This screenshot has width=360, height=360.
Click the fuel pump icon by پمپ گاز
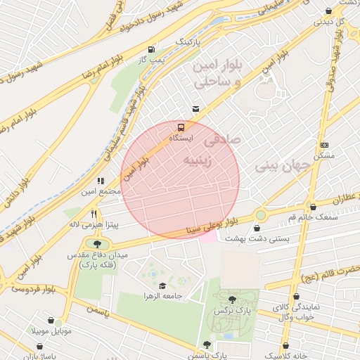152,49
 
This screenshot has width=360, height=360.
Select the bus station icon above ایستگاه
181,128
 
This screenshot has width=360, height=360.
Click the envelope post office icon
195,108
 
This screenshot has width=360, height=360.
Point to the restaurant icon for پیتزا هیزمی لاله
94,214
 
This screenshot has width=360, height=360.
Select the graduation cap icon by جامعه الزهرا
163,285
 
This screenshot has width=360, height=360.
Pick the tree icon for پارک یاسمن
207,345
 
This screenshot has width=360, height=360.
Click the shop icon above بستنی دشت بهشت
257,228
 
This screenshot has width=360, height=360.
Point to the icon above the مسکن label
323,143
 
